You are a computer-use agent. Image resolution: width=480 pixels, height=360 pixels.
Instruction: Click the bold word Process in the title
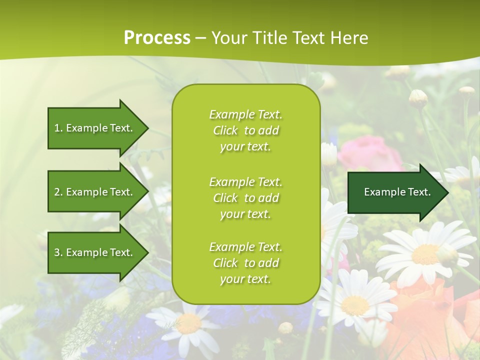tap(157, 37)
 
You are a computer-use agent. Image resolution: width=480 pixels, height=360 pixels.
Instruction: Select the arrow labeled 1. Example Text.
tap(93, 128)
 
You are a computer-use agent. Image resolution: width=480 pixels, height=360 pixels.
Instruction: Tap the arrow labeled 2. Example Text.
tap(93, 192)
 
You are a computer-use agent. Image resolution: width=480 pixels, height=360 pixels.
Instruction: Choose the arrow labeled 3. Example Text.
tap(93, 252)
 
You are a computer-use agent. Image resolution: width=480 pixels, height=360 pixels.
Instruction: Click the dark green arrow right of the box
tap(397, 192)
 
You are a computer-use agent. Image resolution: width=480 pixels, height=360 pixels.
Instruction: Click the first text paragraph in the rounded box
tap(245, 130)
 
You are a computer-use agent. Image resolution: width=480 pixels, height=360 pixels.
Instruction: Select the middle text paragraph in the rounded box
tap(245, 198)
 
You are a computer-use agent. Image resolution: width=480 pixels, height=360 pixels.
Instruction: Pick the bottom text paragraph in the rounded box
tap(245, 263)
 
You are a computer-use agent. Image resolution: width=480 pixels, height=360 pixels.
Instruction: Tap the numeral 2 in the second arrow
tap(57, 192)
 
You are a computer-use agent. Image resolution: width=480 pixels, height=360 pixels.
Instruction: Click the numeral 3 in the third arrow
tap(57, 252)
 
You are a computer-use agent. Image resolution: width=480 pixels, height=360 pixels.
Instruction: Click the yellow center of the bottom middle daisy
tap(189, 324)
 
